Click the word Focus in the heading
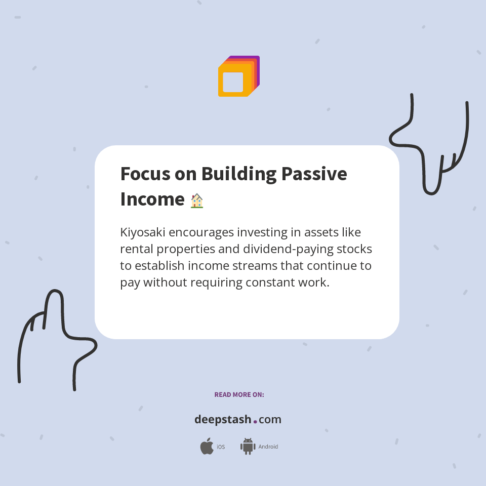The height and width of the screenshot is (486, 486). point(142,174)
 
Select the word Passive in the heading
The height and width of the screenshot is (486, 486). point(314,174)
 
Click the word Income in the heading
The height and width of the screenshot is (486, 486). point(152,199)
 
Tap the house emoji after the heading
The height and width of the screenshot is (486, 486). point(196,201)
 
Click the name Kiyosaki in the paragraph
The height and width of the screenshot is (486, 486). point(143,232)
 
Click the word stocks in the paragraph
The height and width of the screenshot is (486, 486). point(354,249)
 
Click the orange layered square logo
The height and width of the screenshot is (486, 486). point(238,76)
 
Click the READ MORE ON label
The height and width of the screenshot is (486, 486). point(239,394)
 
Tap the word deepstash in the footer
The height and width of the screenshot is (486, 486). point(223,420)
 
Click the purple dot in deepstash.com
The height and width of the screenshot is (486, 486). point(255,421)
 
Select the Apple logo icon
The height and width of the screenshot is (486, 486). point(207,447)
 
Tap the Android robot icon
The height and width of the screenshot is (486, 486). point(248,447)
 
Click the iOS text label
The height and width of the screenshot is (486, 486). point(221,447)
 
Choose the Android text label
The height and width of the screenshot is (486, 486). point(268,447)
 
